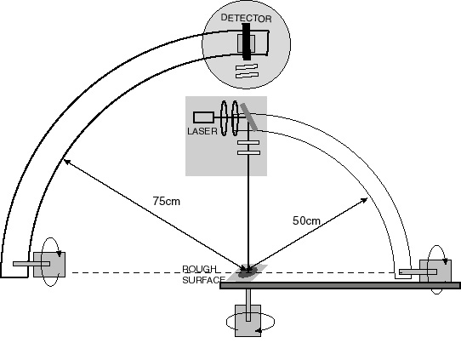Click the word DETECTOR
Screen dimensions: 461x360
246,18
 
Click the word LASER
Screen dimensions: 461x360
202,131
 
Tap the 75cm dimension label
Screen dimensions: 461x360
167,201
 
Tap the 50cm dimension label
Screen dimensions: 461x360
306,220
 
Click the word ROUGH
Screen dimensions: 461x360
199,269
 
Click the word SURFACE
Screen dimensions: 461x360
204,280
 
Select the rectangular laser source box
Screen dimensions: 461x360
203,117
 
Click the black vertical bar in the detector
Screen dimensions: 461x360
247,42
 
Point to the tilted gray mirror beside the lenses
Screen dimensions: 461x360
248,117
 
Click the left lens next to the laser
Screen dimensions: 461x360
224,118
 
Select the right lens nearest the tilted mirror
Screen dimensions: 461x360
235,118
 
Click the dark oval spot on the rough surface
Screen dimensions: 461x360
248,272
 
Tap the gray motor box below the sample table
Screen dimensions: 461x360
248,321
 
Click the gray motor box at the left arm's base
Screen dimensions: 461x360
49,265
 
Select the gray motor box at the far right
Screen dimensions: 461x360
435,271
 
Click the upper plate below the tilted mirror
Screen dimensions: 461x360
248,143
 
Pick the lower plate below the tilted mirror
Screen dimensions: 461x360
248,152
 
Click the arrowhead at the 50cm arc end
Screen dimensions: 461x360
365,201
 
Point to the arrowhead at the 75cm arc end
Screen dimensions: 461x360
67,162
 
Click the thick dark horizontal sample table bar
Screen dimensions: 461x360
340,285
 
